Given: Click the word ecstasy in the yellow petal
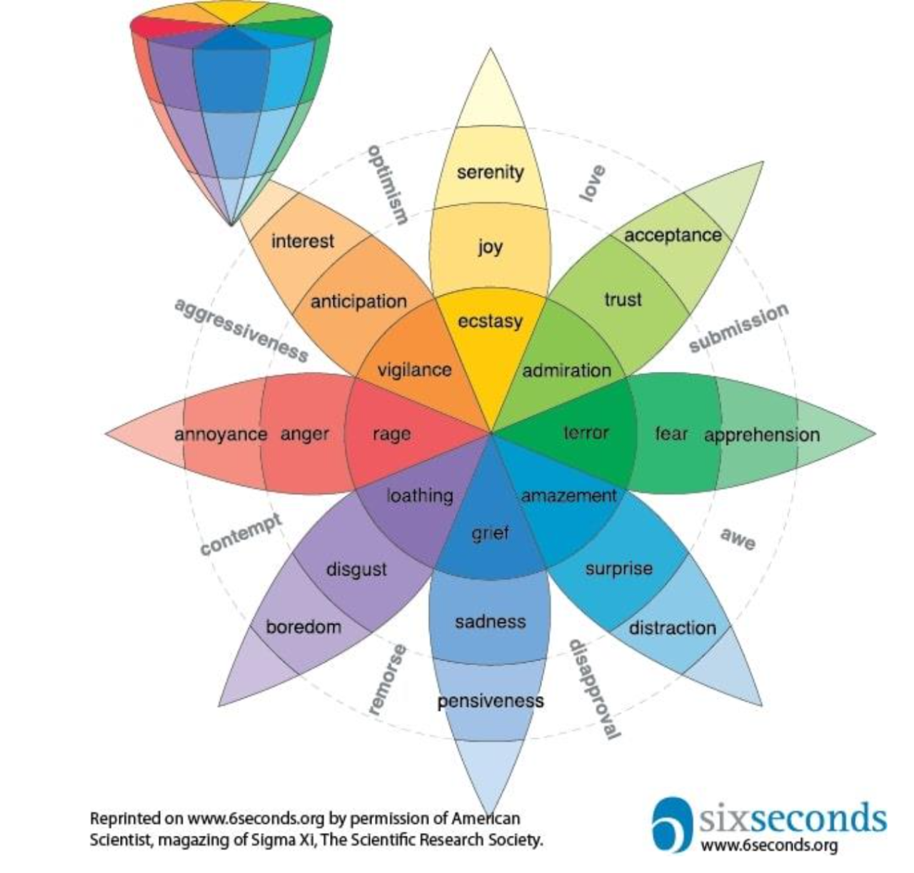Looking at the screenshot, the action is (x=490, y=322).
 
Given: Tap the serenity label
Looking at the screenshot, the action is (x=490, y=172).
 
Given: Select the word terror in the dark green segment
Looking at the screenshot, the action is (x=586, y=433).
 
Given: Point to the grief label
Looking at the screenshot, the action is (x=490, y=533).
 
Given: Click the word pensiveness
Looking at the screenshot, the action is (x=491, y=701).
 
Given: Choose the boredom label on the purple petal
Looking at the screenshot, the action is (x=303, y=627).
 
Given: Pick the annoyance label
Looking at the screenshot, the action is (x=221, y=435).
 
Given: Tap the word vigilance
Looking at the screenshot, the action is (x=414, y=370).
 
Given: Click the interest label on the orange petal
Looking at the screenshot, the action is (x=303, y=241).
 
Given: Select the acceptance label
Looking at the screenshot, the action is (x=673, y=236).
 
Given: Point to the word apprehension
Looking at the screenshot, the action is (x=762, y=435).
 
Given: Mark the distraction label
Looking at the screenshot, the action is (x=672, y=628).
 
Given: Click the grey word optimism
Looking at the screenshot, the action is (x=388, y=185).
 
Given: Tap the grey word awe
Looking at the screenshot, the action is (x=738, y=539).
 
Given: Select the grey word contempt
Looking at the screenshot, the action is (x=241, y=535).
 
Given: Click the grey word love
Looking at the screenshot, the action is (x=592, y=183).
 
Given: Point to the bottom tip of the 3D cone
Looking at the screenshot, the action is (x=231, y=226).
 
